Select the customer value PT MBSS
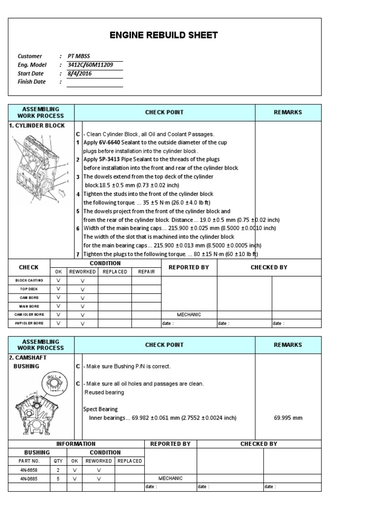[x=79, y=56]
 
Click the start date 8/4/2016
[x=80, y=73]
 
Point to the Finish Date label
[x=31, y=82]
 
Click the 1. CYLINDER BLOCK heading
[x=37, y=126]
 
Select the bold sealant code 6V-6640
[x=110, y=143]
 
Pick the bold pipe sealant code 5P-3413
[x=110, y=159]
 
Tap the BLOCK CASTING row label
[x=29, y=280]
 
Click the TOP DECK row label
[x=29, y=289]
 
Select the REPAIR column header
[x=146, y=272]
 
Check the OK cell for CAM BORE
[x=59, y=297]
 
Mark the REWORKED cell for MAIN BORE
[x=82, y=306]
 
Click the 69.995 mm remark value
[x=288, y=418]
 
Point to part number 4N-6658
[x=30, y=470]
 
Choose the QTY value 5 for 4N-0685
[x=59, y=478]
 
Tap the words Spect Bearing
[x=100, y=409]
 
